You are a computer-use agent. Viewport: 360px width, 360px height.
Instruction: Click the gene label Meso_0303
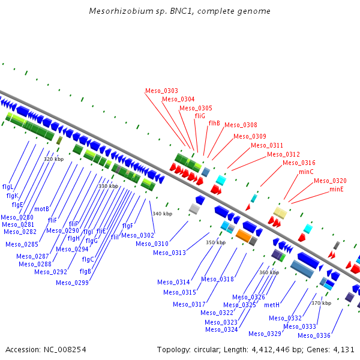(161, 91)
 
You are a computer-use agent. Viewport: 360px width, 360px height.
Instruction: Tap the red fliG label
(200, 116)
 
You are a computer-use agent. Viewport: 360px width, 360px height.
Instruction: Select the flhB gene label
(214, 123)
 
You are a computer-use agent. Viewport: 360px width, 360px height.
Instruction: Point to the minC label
(306, 172)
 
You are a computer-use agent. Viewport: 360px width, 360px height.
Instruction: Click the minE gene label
(337, 189)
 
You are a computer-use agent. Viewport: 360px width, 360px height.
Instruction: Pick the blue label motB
(41, 209)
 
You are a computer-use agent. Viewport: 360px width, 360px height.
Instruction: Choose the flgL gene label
(8, 187)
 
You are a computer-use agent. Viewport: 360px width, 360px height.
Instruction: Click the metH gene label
(272, 305)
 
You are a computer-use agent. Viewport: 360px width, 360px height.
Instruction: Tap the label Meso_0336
(314, 335)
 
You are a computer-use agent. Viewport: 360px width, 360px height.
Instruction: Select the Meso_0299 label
(72, 283)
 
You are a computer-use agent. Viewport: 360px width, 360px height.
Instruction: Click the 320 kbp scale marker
(54, 159)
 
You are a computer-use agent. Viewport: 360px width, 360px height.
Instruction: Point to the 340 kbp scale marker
(163, 214)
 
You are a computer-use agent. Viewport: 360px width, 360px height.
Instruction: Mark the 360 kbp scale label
(269, 272)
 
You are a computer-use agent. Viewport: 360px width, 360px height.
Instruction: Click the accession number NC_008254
(65, 350)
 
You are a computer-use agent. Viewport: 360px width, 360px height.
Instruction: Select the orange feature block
(244, 236)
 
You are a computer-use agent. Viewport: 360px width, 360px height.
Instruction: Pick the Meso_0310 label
(152, 244)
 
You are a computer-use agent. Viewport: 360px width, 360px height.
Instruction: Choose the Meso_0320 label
(330, 181)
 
